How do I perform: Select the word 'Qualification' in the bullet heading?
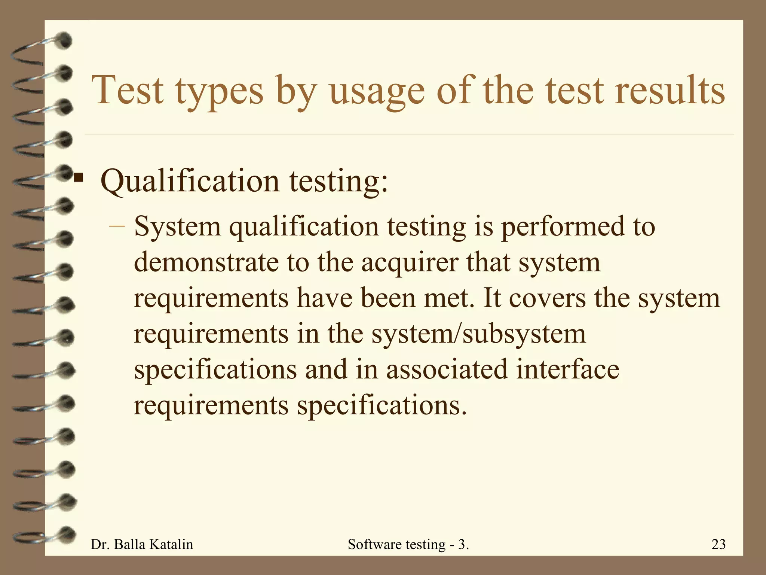(190, 181)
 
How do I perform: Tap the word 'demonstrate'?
(206, 262)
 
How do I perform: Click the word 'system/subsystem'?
(478, 334)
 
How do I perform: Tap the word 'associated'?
(447, 369)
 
